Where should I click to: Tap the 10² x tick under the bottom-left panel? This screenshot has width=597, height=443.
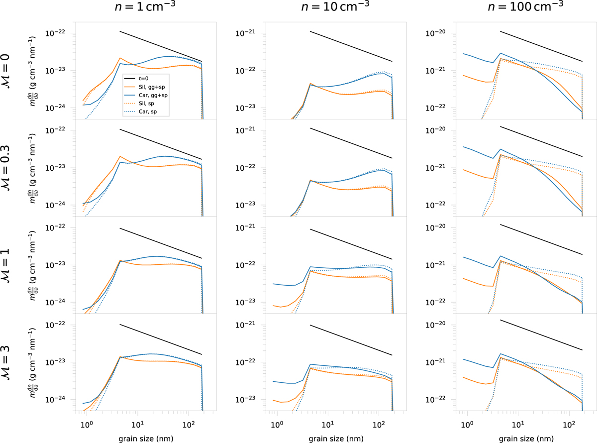[189, 423]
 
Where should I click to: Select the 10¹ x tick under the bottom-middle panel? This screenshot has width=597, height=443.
[328, 423]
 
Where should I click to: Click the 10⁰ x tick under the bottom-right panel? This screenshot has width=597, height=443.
[467, 423]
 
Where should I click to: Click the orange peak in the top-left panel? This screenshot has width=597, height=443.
[120, 58]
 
